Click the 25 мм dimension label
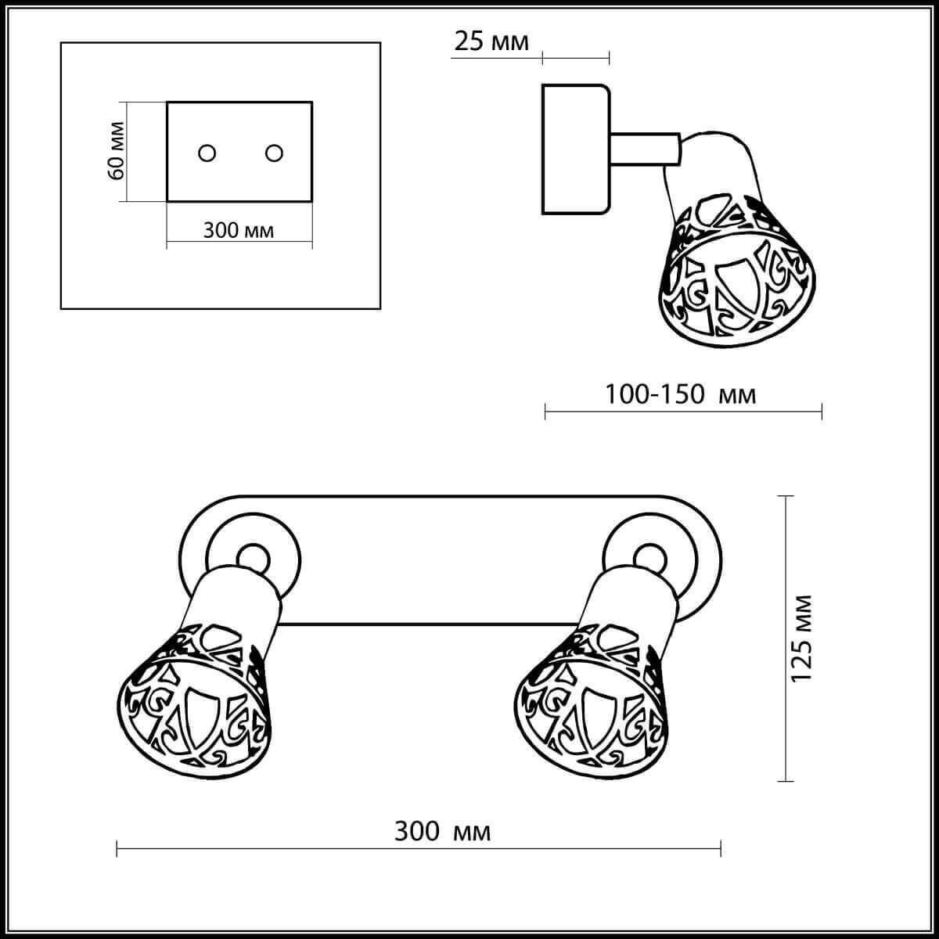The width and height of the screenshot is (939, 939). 491,42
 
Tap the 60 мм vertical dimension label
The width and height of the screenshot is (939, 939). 117,150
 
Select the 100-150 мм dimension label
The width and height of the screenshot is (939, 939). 680,394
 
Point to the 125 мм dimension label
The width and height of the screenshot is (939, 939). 801,639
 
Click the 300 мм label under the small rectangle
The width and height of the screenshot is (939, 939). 239,230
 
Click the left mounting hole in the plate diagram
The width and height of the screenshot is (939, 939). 207,153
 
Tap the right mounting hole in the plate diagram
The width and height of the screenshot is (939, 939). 274,153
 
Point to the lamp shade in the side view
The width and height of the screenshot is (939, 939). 737,271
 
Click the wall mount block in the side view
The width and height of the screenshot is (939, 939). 576,149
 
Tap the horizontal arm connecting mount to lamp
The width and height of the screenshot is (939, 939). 645,149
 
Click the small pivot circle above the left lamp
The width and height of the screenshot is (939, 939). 253,559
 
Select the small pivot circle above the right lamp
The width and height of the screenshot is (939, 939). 650,559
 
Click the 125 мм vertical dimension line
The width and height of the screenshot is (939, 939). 785,639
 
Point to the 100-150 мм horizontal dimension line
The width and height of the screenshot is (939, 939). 683,412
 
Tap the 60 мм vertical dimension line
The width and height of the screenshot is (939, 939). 126,152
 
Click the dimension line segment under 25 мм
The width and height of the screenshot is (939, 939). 575,59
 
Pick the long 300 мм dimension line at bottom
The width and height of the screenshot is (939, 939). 419,848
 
